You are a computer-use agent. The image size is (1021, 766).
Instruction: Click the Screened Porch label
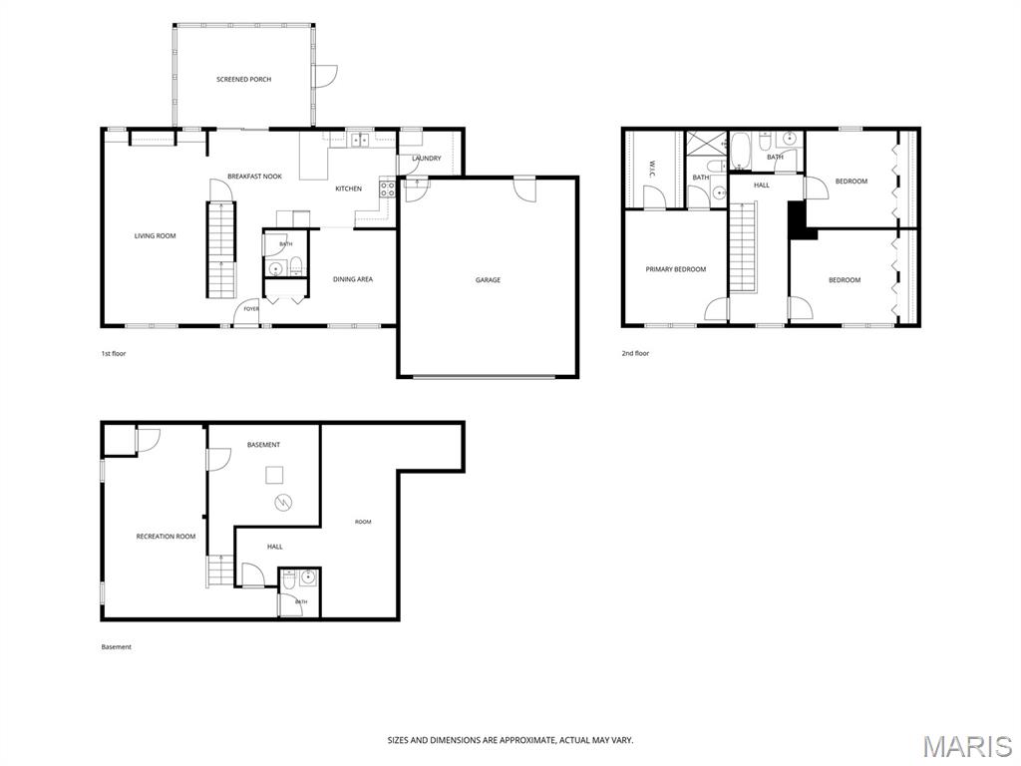tap(243, 80)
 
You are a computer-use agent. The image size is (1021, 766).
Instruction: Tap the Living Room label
tap(155, 235)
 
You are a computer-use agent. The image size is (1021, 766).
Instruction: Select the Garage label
tap(488, 280)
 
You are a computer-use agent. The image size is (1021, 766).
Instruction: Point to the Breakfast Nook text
tap(254, 177)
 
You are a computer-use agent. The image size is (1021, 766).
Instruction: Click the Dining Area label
tap(353, 279)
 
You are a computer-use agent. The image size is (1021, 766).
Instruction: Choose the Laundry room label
tap(427, 159)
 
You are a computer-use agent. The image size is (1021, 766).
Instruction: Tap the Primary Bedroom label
tap(675, 269)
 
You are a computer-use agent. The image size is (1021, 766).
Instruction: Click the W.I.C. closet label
tap(652, 167)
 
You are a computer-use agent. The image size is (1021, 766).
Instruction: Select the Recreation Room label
tap(166, 537)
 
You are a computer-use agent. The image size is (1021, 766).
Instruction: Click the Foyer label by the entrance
tap(251, 309)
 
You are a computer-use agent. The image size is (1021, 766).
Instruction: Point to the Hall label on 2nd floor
tap(761, 185)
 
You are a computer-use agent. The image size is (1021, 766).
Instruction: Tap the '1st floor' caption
tap(114, 354)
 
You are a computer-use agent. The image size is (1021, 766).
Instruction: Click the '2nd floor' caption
tap(635, 354)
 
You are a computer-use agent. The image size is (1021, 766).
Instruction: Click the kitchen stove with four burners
tap(388, 190)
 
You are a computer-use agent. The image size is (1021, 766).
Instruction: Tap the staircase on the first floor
tap(221, 250)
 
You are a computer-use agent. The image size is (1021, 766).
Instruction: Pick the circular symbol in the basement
tap(283, 503)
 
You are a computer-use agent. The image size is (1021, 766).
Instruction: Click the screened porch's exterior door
tap(324, 76)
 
